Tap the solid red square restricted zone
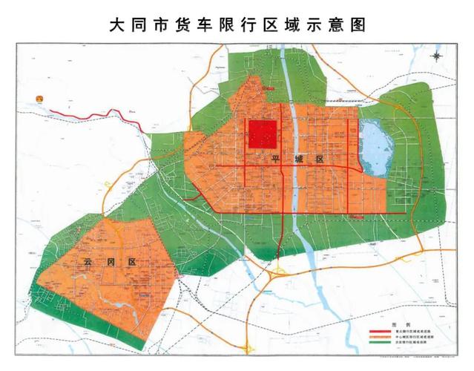262,135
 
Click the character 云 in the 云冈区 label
81,261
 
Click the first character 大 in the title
116,24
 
